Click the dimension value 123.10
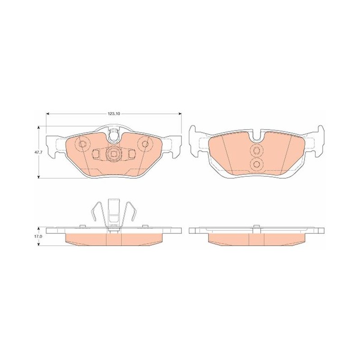pos(114,114)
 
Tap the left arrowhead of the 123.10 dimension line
pos(48,114)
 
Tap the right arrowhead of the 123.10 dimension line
pos(180,114)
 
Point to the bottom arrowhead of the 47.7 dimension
pos(39,176)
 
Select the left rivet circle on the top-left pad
pos(82,144)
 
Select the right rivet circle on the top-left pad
pos(144,144)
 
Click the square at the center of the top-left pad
pos(113,153)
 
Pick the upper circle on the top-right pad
pos(256,151)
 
